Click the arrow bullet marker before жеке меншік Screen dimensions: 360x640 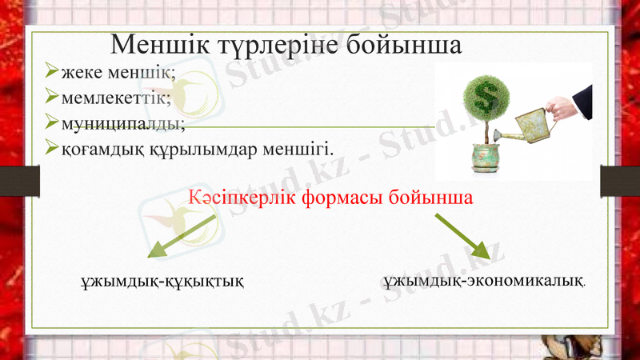coord(51,74)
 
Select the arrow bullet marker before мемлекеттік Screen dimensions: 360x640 coord(51,98)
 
